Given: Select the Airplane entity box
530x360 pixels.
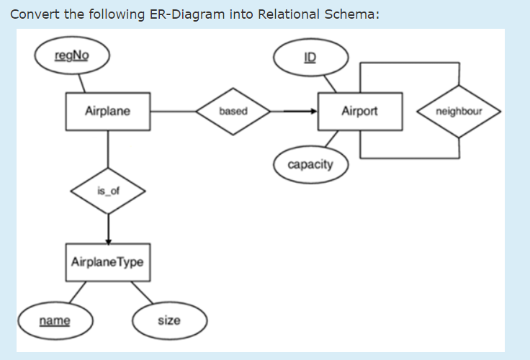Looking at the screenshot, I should point(107,112).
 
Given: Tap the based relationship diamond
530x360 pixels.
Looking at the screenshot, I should point(233,112).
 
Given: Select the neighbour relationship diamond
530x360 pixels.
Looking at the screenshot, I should point(459,112).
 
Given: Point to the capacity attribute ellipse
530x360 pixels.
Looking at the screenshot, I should point(310,165).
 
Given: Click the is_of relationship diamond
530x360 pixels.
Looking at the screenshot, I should point(108,192).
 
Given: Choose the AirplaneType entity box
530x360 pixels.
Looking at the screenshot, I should point(107,262).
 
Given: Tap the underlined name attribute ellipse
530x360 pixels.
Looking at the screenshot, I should point(55,320).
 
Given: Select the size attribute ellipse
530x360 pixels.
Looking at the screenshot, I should point(169,320).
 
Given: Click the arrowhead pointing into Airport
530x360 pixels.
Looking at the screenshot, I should point(312,112).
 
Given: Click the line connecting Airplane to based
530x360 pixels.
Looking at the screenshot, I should point(173,112).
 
